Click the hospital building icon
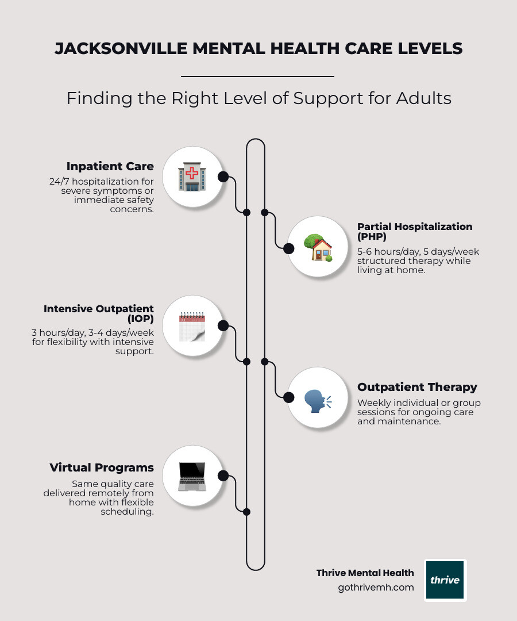[192, 177]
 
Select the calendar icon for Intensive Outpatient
[192, 327]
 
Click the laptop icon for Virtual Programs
[192, 476]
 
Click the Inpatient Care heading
[110, 166]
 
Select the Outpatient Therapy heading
[417, 387]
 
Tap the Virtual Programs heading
[102, 467]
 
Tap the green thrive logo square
[445, 580]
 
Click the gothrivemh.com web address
[376, 588]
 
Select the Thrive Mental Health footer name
[365, 573]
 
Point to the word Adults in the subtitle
[423, 98]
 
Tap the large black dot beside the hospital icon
[223, 177]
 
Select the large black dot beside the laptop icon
[223, 476]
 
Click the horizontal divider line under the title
[257, 76]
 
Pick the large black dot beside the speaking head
[289, 396]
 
